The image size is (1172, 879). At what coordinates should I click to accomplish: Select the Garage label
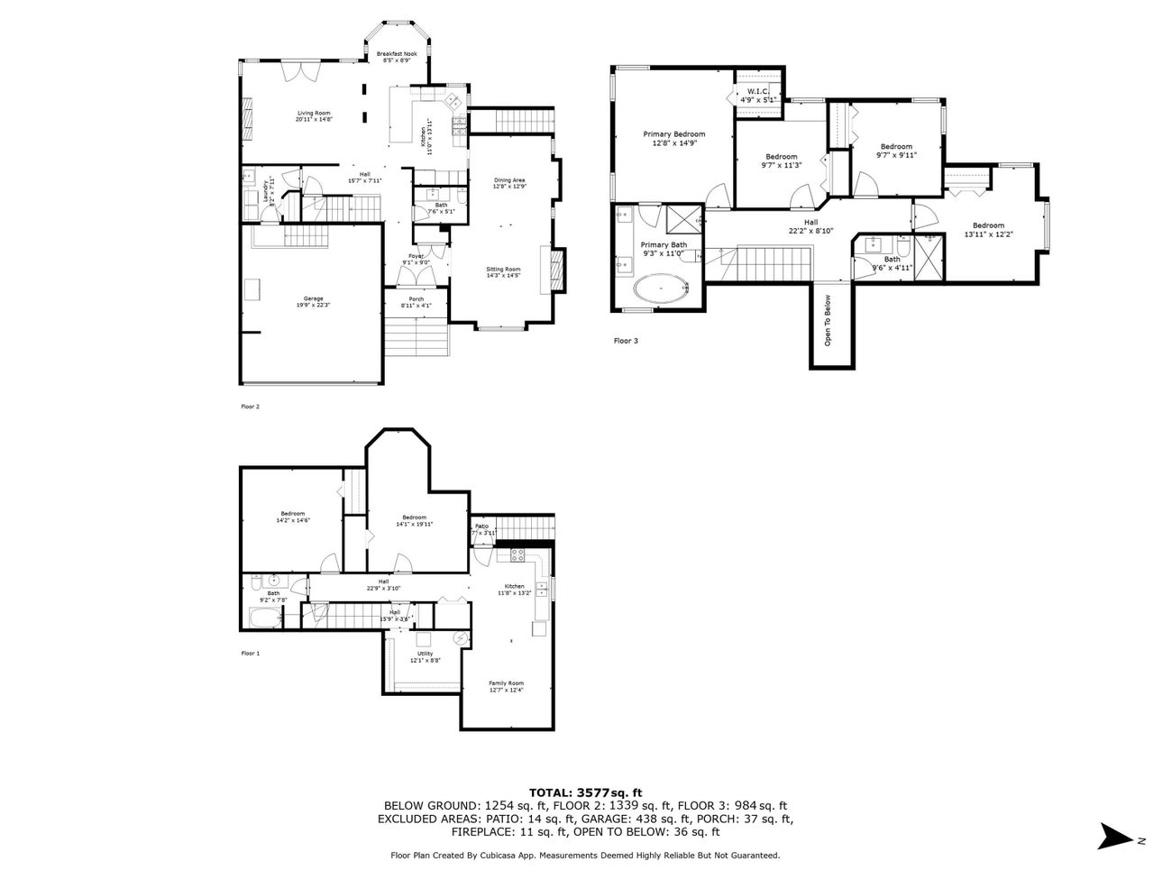(313, 298)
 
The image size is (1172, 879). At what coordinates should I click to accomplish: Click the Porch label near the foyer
(416, 299)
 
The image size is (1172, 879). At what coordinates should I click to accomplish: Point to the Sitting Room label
(503, 270)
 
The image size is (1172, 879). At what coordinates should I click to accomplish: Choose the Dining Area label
(509, 180)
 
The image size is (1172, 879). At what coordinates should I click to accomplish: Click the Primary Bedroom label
(674, 133)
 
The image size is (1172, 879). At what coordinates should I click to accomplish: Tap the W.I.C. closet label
(756, 92)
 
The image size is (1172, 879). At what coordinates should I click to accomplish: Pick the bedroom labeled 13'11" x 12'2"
(987, 225)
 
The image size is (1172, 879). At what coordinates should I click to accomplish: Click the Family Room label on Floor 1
(506, 683)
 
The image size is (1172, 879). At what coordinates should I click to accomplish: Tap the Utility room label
(425, 654)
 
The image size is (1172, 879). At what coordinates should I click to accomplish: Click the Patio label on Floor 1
(482, 526)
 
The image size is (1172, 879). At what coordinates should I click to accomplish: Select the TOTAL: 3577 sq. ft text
(585, 792)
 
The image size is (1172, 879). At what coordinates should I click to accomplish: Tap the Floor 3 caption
(626, 341)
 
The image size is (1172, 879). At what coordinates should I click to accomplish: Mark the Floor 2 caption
(250, 407)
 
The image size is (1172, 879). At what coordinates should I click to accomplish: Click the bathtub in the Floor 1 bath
(265, 618)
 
